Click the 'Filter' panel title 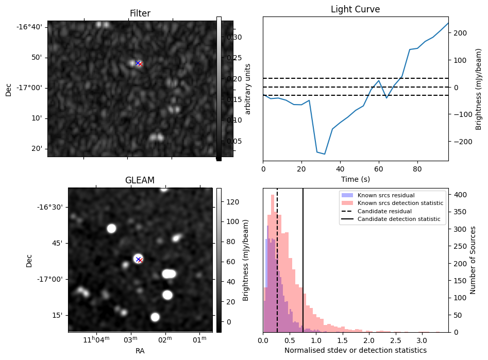click(140, 13)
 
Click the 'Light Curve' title click(355, 9)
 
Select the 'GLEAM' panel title click(140, 180)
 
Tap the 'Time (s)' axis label click(355, 179)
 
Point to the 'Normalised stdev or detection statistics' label click(356, 350)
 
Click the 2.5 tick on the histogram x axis click(395, 341)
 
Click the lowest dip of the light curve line click(325, 153)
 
